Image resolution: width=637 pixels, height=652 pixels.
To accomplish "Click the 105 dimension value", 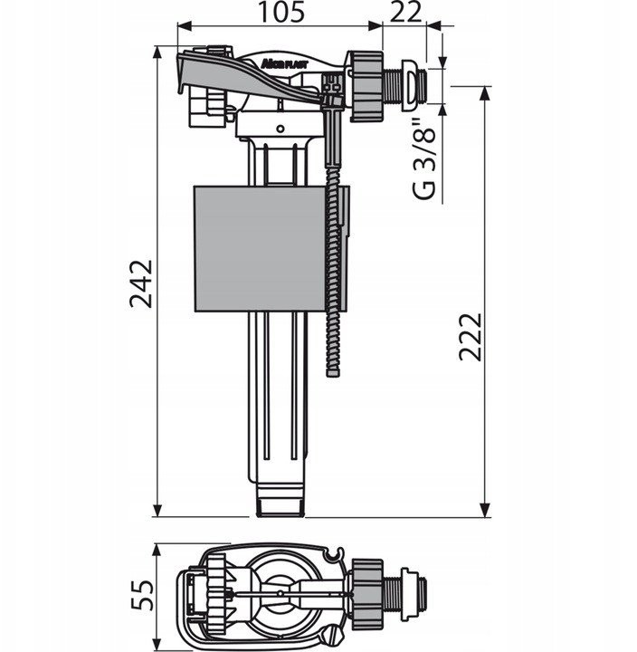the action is click(281, 12).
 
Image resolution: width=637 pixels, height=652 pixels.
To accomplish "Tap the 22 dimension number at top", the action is click(406, 12).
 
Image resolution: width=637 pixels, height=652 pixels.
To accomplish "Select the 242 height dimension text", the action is click(141, 283).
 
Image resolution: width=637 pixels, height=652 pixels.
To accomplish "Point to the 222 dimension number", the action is click(471, 337).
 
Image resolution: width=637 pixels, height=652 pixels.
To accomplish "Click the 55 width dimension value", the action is click(143, 595).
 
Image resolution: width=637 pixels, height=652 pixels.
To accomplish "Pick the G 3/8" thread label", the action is click(423, 159).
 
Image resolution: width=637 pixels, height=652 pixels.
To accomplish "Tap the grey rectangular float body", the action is click(260, 249).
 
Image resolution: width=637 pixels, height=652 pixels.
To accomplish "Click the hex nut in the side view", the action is click(366, 87).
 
